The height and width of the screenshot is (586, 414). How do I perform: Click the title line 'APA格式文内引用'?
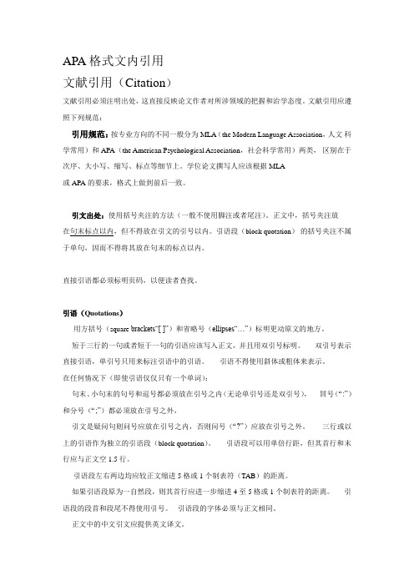(x=119, y=61)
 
